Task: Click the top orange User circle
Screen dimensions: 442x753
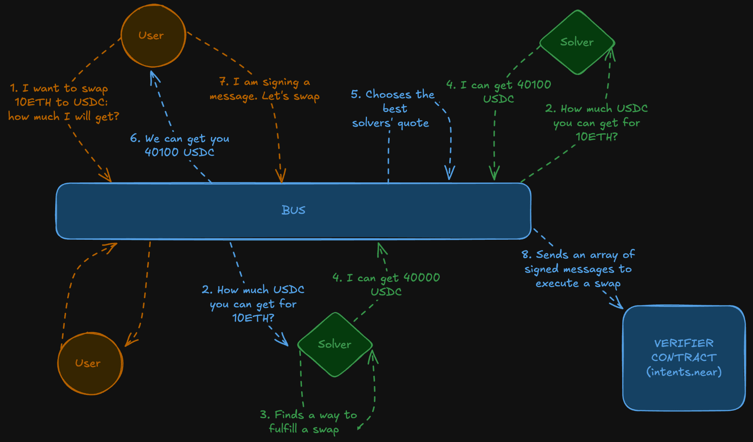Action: [x=153, y=36]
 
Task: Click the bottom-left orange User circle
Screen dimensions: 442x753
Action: [x=90, y=363]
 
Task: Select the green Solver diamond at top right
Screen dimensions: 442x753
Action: [x=577, y=42]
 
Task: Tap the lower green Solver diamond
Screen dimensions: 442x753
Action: [x=335, y=345]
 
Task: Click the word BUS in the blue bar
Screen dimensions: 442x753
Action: [x=293, y=210]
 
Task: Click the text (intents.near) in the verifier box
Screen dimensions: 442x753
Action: [x=684, y=372]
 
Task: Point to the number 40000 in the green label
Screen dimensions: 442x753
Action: [x=422, y=278]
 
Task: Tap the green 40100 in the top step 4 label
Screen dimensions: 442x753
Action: [x=534, y=85]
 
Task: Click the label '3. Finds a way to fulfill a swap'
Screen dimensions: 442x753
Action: [x=308, y=422]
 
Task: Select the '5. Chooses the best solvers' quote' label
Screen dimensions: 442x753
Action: [x=392, y=108]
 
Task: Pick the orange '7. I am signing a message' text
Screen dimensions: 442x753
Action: [x=264, y=89]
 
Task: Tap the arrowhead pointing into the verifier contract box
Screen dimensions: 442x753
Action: [x=618, y=304]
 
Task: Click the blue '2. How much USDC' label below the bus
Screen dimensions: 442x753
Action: [x=253, y=304]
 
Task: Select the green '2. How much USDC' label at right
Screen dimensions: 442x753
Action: [x=596, y=122]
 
